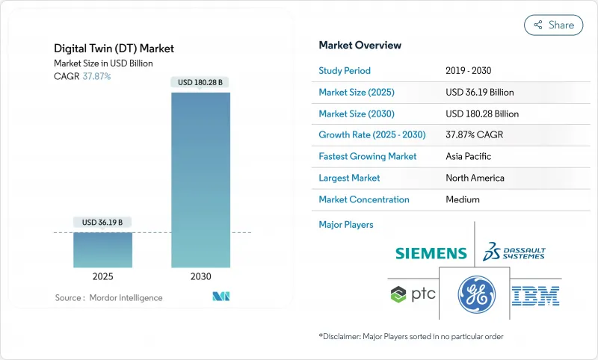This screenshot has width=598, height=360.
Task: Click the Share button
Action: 553,25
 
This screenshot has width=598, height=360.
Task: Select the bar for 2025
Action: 102,249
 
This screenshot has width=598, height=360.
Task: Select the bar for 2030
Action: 200,179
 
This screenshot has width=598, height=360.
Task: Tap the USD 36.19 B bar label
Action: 102,223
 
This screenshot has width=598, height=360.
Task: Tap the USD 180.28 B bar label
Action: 200,82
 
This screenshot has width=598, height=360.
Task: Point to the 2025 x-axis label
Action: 102,276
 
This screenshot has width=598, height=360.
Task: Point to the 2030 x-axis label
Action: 200,276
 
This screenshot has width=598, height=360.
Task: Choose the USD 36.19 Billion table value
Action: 479,93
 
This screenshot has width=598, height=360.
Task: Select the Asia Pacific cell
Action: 469,157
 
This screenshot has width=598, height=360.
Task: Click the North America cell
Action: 475,179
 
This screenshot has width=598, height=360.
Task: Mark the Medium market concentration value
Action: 463,199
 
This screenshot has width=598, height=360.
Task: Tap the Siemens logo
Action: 431,254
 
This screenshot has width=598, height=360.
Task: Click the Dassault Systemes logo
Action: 514,251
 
